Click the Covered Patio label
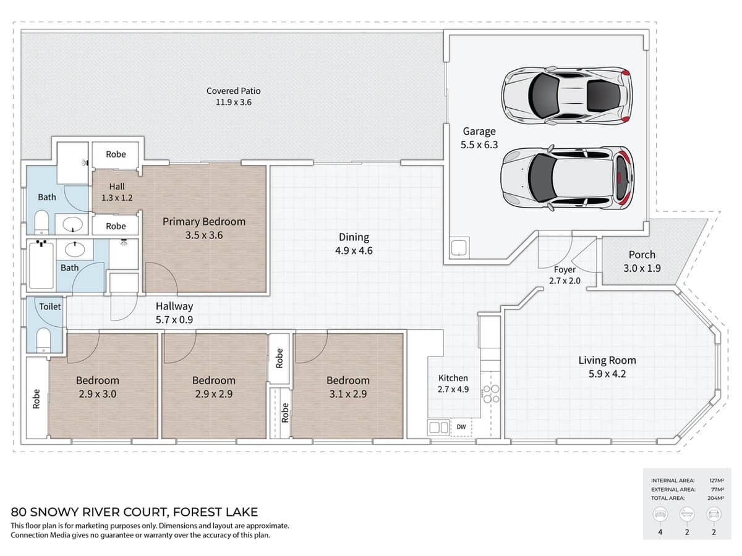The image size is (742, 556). tap(233, 91)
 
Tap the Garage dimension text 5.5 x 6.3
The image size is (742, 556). tap(479, 145)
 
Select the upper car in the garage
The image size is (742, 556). tap(566, 95)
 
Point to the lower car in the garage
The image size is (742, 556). tap(567, 178)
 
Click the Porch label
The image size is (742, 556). tap(642, 255)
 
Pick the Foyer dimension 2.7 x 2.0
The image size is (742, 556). tap(565, 280)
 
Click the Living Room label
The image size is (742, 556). tap(607, 360)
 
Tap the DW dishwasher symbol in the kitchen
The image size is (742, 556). tap(461, 427)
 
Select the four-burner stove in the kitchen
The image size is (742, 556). tap(491, 394)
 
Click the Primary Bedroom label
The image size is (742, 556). tap(204, 221)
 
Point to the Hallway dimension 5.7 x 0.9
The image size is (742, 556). tap(174, 319)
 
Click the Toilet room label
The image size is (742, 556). tap(50, 306)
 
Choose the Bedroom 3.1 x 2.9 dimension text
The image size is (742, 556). tap(348, 394)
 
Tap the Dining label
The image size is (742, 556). tap(354, 237)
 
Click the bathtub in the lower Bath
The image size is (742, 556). tap(41, 265)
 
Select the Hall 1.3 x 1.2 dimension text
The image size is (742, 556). tap(117, 198)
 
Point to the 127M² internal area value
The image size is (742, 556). tap(716, 481)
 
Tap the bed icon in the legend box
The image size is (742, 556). tap(660, 515)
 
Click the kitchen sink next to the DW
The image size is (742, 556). tap(439, 428)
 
